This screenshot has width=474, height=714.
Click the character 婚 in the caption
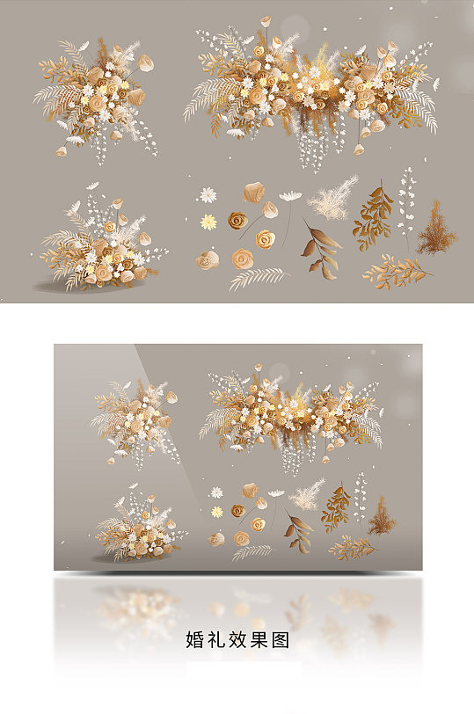pos(195,640)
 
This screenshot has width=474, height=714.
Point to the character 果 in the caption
pos(259,640)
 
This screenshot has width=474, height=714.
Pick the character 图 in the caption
pos(280,640)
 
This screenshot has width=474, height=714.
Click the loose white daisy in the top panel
pos(208,195)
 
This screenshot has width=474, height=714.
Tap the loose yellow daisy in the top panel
pos(208,222)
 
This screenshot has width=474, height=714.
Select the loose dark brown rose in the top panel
pos(237,221)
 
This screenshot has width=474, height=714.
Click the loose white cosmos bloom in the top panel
pos(290,196)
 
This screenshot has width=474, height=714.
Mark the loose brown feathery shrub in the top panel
pos(436,229)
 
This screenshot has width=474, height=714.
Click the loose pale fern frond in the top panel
pos(259,278)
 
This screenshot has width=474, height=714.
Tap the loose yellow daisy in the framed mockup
pos(216,512)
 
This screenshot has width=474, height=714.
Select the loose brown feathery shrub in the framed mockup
pos(382,517)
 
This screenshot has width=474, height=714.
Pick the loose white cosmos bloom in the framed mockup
pos(276,492)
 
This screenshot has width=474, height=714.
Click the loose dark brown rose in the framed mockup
pos(238,511)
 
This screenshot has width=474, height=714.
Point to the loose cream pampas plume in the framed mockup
pos(306,495)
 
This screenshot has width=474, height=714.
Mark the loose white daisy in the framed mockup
pos(216,492)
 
